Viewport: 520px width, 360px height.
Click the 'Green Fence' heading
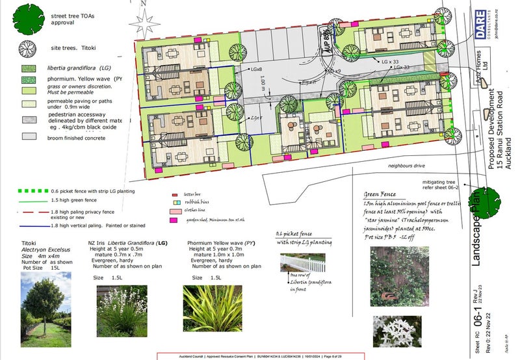coord(380,193)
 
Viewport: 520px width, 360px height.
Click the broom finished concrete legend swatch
coord(29,137)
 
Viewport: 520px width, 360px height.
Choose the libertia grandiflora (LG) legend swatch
coord(29,68)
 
